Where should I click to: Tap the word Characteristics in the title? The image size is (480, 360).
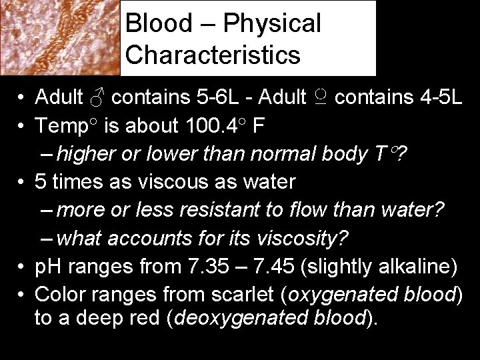tap(213, 55)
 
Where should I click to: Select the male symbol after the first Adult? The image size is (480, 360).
tap(97, 99)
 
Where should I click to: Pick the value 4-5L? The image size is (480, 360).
tap(434, 99)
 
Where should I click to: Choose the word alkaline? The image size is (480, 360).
tap(413, 267)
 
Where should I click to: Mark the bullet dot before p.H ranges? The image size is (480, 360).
tap(23, 267)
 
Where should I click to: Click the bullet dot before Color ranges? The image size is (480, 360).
tap(23, 293)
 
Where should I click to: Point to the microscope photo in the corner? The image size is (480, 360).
tap(60, 37)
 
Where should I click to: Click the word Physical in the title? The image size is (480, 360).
tap(272, 24)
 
